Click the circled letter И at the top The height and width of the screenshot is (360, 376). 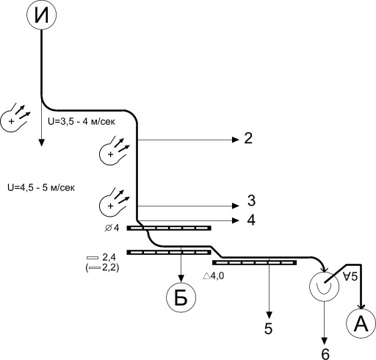pos(41,15)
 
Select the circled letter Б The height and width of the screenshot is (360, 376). pos(181,298)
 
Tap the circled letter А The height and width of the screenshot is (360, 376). pos(361,323)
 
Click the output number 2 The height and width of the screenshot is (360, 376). pos(248,138)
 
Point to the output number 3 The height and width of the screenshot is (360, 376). pos(251,201)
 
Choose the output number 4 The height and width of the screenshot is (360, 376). pos(251,220)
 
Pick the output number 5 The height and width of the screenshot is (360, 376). pos(268,328)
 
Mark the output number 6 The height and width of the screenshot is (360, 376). pos(325,354)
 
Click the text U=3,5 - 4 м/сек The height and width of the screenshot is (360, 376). pos(82,121)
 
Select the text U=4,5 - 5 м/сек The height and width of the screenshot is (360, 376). pos(41,187)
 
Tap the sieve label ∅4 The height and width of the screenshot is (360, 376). pos(112,228)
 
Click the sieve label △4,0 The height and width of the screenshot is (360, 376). pos(213,276)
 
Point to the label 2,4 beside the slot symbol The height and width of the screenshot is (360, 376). pos(109,257)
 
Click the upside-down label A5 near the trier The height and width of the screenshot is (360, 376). pos(350,276)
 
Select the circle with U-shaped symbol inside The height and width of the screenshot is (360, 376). pos(325,287)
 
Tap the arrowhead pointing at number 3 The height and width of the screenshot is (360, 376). pos(236,206)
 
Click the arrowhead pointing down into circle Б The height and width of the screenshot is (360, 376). pos(181,278)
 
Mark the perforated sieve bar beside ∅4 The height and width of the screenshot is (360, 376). pos(169,228)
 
